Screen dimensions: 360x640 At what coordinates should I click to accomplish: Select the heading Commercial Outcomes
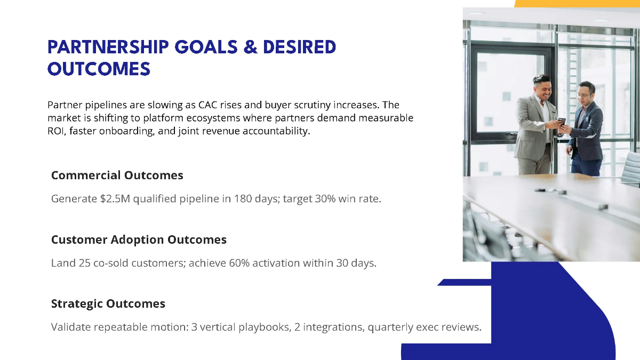117,175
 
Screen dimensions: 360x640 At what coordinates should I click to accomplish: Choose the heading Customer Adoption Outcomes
139,239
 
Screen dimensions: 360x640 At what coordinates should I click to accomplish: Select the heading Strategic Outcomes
108,303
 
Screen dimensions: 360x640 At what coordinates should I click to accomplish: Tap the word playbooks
260,327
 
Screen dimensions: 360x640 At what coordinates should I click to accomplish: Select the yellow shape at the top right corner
576,3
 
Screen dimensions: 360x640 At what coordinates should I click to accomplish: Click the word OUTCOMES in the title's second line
99,69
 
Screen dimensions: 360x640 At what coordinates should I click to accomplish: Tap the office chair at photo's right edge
631,168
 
